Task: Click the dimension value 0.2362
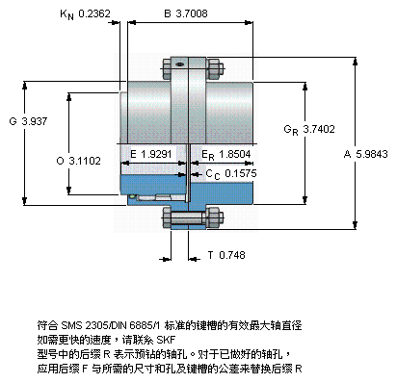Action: tap(94, 13)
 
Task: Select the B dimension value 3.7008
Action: tap(192, 13)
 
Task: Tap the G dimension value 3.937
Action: tap(35, 121)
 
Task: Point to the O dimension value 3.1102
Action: tap(85, 161)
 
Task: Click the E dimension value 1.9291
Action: tap(156, 154)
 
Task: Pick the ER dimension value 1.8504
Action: tap(235, 154)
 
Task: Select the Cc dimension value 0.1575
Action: tap(241, 173)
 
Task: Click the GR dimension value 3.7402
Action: tap(319, 129)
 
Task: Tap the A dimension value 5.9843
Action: tap(372, 154)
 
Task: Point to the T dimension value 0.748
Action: tap(232, 255)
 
